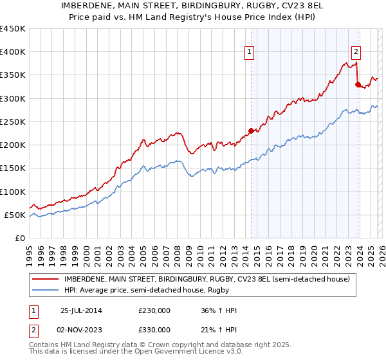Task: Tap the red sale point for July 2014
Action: coord(251,131)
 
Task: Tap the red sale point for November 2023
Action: coord(358,84)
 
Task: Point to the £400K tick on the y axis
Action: coord(13,52)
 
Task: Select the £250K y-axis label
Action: coord(13,122)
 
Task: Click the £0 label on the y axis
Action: coord(19,238)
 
